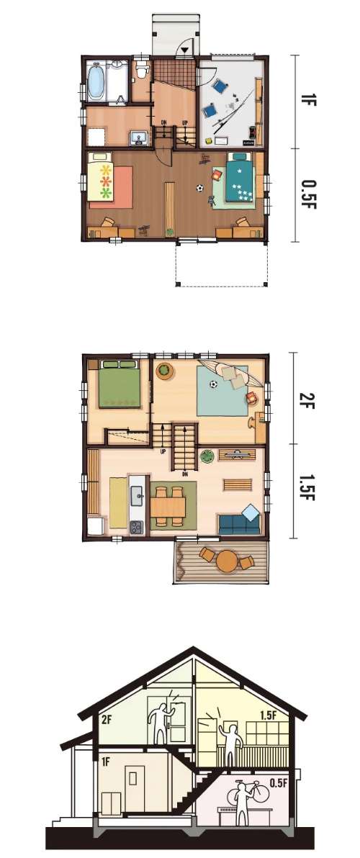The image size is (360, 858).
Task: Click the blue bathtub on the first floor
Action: pos(96,81)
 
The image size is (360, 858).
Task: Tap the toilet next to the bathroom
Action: pos(143,70)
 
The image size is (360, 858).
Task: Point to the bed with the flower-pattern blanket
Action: pos(101,176)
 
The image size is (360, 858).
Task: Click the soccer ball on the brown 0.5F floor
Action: pos(199,189)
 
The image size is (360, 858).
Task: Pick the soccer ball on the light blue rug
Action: pos(213,384)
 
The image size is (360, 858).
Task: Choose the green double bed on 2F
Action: pos(120,384)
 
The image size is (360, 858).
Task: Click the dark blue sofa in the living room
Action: pos(239,524)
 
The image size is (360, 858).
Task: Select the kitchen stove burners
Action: pos(136,526)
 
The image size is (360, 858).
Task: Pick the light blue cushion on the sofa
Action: pos(251,512)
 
